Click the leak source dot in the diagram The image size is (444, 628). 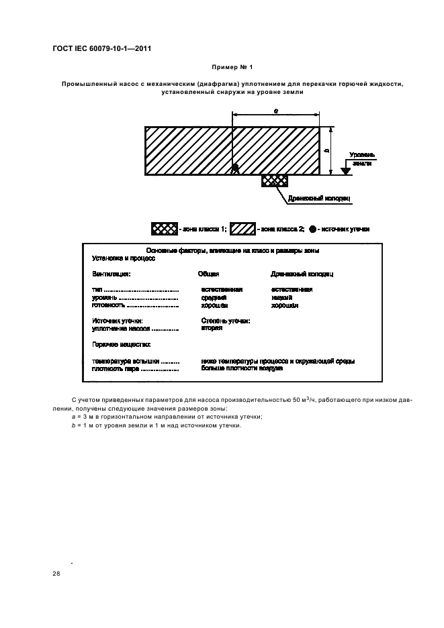pyautogui.click(x=235, y=168)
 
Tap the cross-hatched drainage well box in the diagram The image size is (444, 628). pyautogui.click(x=274, y=180)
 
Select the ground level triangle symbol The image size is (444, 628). pyautogui.click(x=345, y=170)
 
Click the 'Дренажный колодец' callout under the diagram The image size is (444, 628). pyautogui.click(x=319, y=199)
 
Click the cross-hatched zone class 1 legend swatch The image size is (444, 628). pyautogui.click(x=165, y=229)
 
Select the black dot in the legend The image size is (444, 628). pyautogui.click(x=313, y=229)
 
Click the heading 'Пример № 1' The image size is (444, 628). pyautogui.click(x=230, y=68)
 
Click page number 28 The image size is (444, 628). pyautogui.click(x=56, y=573)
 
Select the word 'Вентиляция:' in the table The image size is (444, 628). pyautogui.click(x=111, y=274)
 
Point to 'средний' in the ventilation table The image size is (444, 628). pyautogui.click(x=214, y=297)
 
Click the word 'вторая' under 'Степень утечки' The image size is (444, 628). pyautogui.click(x=212, y=329)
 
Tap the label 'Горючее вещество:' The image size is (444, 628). pyautogui.click(x=116, y=344)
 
